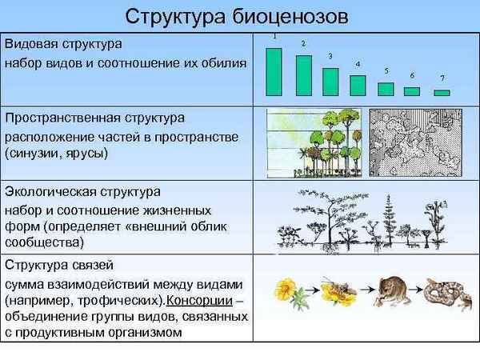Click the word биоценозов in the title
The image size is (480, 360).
point(287,16)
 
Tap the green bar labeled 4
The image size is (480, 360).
point(358,86)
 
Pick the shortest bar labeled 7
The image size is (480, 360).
point(442,93)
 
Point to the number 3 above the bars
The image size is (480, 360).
point(330,55)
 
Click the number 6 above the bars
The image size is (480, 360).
point(411,75)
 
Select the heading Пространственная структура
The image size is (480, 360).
point(94,119)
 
